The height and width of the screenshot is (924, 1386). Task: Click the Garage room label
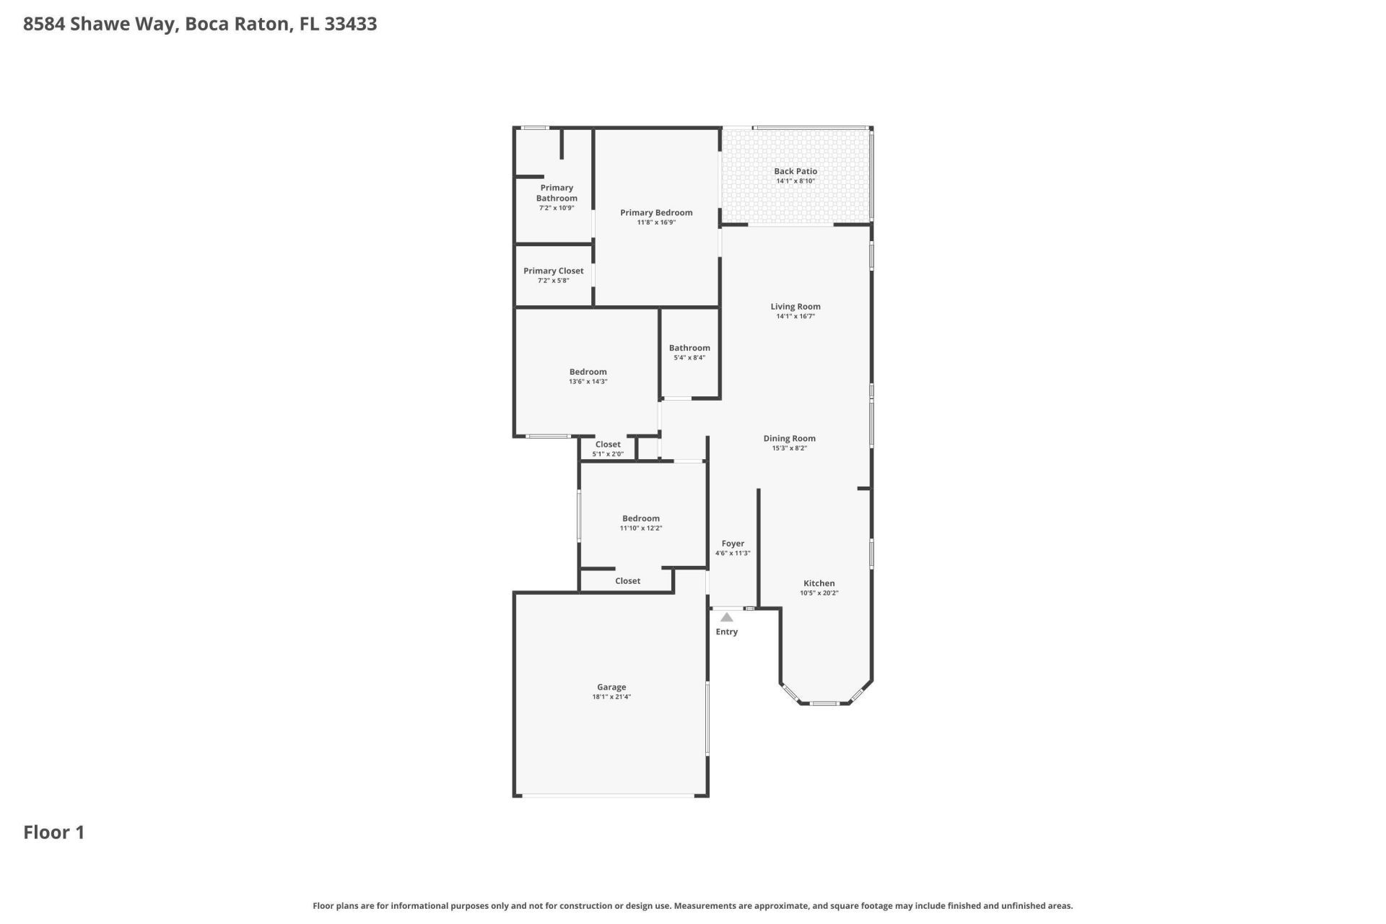point(611,687)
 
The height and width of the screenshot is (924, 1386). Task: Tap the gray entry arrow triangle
point(726,617)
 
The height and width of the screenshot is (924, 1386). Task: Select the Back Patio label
point(795,172)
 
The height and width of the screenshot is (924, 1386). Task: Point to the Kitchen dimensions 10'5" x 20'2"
point(819,593)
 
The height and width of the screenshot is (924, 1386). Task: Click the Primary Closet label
point(553,271)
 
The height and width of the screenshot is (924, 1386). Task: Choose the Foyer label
point(732,544)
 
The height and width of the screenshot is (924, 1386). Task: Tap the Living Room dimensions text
point(795,316)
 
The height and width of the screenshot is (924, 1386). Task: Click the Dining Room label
point(789,438)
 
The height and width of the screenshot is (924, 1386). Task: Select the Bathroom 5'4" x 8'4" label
point(689,348)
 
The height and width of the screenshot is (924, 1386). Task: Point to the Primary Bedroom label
point(655,213)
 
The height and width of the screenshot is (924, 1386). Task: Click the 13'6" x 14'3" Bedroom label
point(588,372)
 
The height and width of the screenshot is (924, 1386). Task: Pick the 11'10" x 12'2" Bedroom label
point(640,518)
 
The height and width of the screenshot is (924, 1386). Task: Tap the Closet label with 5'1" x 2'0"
point(607,445)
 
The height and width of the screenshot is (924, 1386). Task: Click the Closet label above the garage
point(627,581)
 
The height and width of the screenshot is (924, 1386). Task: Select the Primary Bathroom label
point(556,193)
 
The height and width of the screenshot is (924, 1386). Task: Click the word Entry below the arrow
point(726,632)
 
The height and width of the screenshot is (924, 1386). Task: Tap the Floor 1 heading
point(54,832)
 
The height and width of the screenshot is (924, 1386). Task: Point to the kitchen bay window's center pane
point(824,702)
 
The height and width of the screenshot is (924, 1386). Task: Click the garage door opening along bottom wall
point(608,796)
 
